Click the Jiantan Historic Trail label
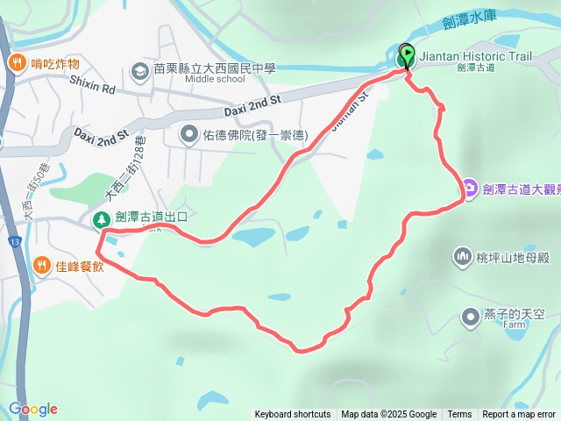coord(476,56)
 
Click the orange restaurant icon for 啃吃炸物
coord(17,63)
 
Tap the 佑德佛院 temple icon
coord(188,134)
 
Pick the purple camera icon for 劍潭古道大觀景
coord(470,187)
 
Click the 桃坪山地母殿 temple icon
coord(461,256)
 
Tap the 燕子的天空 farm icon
coord(471,315)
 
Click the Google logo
coord(32,409)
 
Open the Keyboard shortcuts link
coord(293,415)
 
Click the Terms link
coord(459,415)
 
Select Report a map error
coord(519,415)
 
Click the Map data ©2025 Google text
coord(389,415)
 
